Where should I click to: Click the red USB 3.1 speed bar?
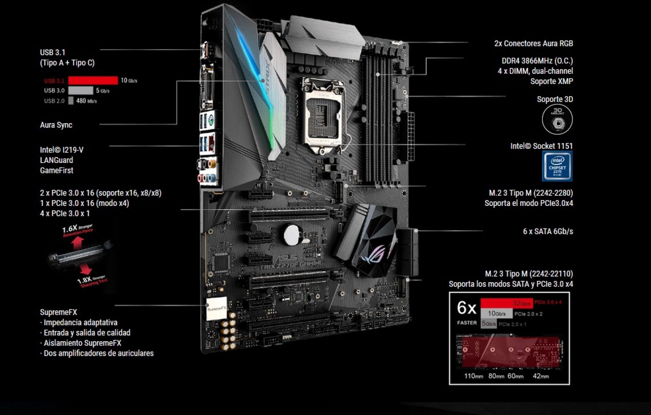[x=93, y=80]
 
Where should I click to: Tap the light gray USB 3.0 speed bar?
[x=81, y=90]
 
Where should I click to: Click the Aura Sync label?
[x=56, y=125]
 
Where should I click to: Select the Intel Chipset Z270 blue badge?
[x=557, y=166]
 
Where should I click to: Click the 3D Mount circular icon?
[x=557, y=120]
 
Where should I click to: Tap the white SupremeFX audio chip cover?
[x=216, y=308]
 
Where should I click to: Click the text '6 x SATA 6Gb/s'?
[x=548, y=231]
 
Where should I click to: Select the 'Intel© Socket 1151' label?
[x=541, y=146]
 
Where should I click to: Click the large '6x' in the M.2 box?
[x=466, y=308]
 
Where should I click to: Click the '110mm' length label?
[x=473, y=376]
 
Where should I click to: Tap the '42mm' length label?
[x=541, y=376]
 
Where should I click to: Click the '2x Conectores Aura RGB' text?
[x=533, y=43]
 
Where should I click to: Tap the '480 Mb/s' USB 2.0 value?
[x=86, y=101]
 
